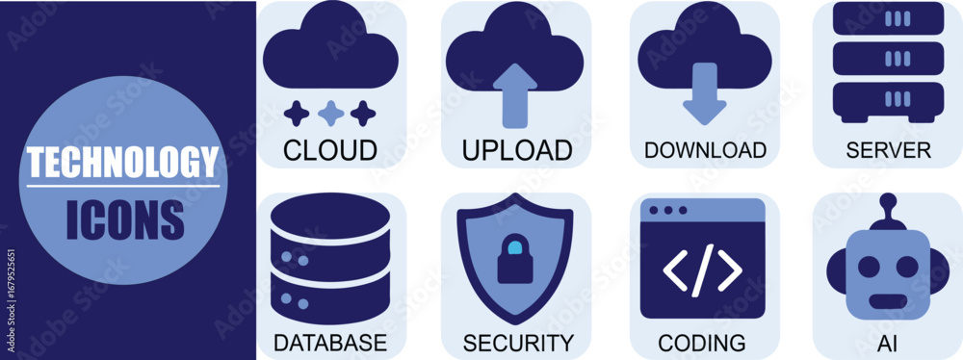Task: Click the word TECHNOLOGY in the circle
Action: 123,162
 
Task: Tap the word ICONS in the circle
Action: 125,219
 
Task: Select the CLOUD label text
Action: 330,150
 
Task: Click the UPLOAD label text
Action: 516,150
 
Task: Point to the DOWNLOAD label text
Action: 705,150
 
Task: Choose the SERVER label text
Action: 888,150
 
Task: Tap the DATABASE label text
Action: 330,342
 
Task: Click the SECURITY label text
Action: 518,342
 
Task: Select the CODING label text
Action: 701,342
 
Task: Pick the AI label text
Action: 887,342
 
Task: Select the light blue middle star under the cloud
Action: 330,115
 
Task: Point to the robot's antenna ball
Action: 888,202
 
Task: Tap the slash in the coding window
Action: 703,269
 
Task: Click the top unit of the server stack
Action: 888,18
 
